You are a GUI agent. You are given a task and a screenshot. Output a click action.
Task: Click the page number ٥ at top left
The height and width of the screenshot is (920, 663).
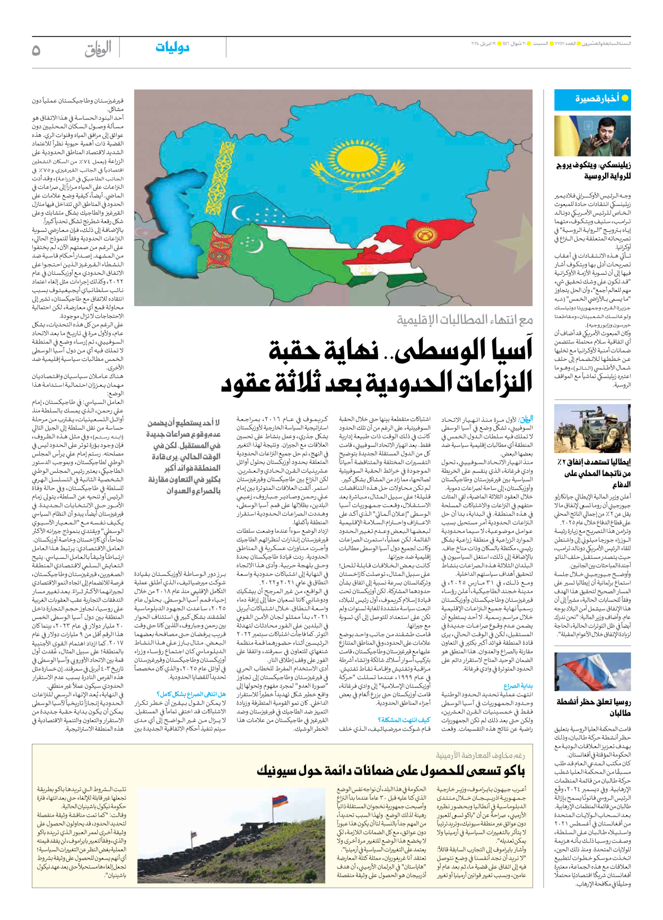tap(36, 50)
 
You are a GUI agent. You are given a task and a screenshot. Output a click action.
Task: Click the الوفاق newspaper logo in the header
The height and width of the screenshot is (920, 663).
tap(98, 49)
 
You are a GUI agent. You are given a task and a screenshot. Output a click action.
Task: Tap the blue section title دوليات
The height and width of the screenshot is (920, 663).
tap(172, 48)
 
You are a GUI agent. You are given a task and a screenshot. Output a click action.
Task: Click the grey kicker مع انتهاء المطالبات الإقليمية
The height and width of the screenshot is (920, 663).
tap(465, 320)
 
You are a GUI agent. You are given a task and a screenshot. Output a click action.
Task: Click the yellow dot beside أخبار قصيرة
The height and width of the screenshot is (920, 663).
tap(625, 98)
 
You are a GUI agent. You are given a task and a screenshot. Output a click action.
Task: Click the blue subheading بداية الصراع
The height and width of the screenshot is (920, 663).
tap(518, 685)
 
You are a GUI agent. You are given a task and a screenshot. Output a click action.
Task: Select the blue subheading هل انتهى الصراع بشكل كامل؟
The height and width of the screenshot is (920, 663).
tap(191, 694)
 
